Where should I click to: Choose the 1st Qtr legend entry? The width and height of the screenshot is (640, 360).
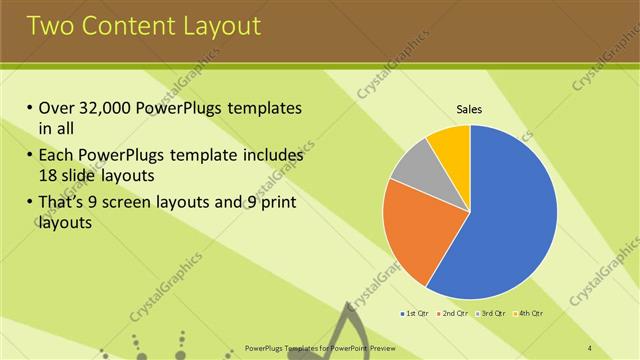click(x=415, y=313)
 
